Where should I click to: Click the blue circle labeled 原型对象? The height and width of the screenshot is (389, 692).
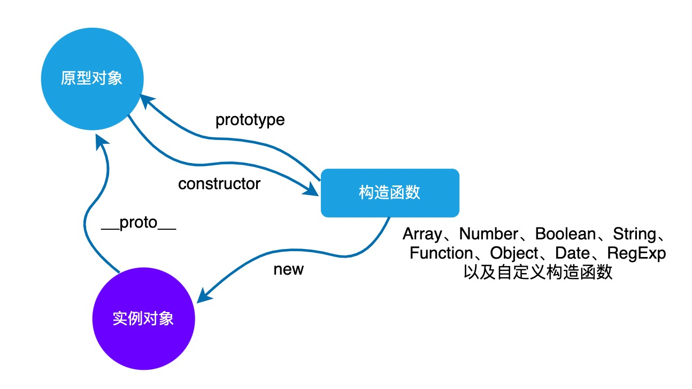click(92, 79)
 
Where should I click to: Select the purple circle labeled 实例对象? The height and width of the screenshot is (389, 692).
click(143, 318)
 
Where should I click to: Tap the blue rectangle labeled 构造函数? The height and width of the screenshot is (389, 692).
click(389, 193)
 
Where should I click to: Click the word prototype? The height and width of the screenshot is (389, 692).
click(250, 120)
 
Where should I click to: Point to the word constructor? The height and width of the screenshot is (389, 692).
click(219, 184)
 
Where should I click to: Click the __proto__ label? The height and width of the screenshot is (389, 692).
click(139, 223)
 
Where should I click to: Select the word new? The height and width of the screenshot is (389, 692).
click(288, 269)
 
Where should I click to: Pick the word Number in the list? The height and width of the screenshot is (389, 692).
click(489, 234)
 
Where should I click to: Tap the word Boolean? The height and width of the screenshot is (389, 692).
click(565, 234)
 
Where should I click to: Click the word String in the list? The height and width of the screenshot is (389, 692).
click(634, 234)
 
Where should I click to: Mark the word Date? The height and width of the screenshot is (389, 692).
click(571, 253)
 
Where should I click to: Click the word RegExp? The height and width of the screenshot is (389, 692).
click(636, 253)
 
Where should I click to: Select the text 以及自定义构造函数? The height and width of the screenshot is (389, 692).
click(537, 273)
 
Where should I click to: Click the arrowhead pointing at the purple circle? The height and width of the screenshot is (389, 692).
click(205, 295)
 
